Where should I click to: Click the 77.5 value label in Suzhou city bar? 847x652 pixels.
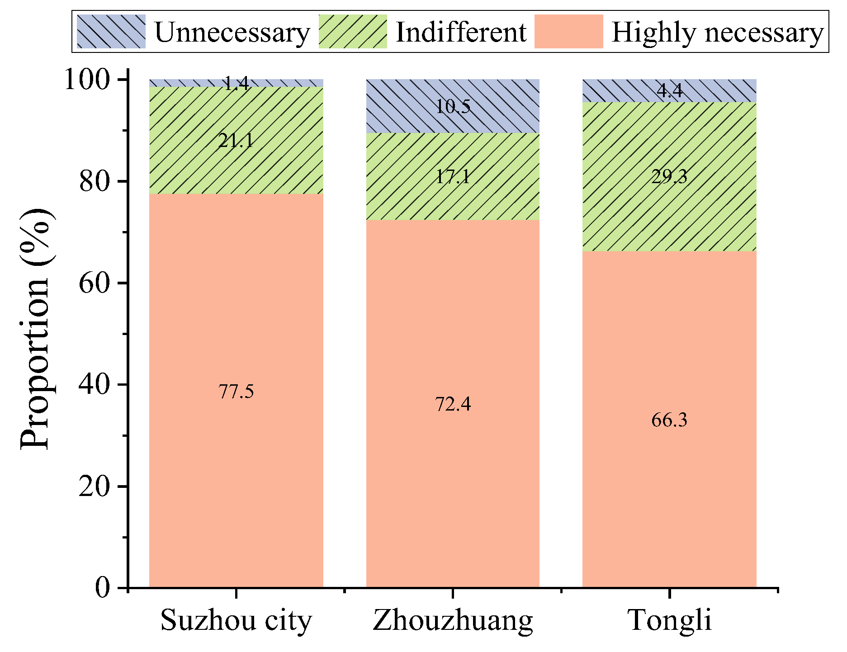coord(236,392)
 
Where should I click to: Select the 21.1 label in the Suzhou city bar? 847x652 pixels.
coord(236,141)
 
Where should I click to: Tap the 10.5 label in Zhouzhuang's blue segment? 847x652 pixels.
coord(453,107)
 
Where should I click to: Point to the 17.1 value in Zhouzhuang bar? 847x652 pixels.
coord(453,176)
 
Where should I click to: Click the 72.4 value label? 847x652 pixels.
coord(453,404)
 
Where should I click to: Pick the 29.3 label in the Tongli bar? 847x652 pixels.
coord(669,176)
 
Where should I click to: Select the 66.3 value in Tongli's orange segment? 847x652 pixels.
coord(669,420)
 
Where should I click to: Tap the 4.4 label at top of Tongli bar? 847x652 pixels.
coord(669,91)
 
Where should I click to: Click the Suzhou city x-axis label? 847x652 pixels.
coord(236,621)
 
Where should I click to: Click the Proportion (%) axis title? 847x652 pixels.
coord(35,329)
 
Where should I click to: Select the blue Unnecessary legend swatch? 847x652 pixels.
coord(111,32)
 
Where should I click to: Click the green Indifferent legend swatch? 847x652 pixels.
coord(353,32)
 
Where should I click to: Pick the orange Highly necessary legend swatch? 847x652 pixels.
coord(568,32)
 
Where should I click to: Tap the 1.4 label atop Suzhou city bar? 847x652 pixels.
coord(236,83)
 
